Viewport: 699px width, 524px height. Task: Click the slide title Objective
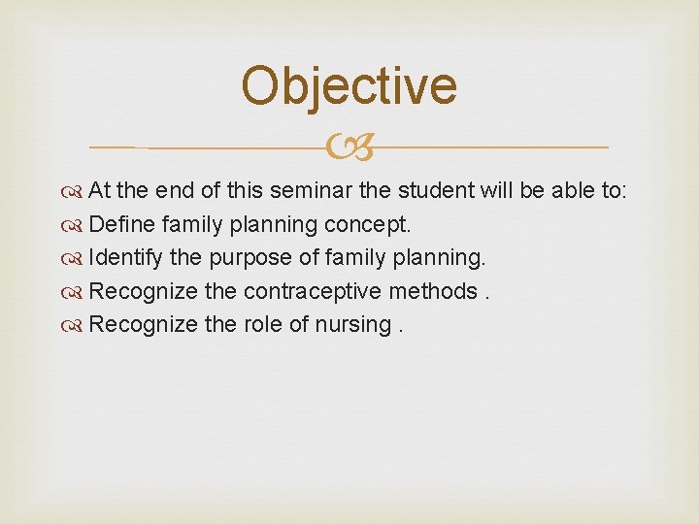coord(349,85)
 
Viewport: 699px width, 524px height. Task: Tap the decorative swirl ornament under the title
coord(349,148)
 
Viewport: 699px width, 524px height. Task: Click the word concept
coord(369,225)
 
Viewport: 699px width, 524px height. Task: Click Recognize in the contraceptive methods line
coord(144,291)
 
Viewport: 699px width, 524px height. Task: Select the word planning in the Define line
coord(273,225)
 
